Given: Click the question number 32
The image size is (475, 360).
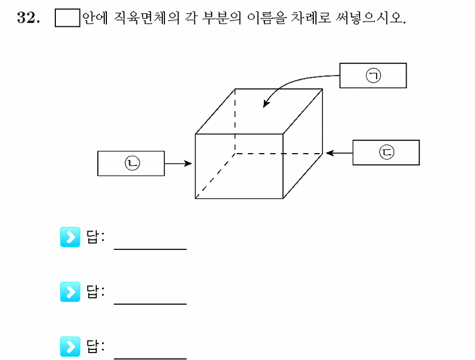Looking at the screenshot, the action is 28,18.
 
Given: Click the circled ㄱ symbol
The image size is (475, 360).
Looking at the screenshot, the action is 373,76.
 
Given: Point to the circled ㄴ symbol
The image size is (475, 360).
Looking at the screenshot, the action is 132,163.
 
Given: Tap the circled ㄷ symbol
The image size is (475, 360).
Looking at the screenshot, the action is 387,152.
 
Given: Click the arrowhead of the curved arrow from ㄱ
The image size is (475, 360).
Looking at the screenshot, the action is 265,104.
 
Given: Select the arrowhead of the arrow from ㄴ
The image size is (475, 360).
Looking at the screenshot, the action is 188,164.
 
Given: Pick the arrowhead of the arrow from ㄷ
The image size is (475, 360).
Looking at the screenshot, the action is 329,153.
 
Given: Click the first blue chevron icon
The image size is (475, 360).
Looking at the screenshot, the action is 70,237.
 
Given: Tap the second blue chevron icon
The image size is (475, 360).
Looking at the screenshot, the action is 70,292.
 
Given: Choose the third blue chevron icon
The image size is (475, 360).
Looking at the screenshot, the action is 70,347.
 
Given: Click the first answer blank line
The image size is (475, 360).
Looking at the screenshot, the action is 150,249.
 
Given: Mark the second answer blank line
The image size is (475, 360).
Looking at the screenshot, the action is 150,304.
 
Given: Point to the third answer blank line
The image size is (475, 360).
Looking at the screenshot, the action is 150,359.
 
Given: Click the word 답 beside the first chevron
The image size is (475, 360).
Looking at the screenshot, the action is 92,237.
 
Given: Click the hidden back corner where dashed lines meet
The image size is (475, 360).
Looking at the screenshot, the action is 235,154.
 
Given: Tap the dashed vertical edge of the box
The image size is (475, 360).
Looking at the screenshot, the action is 235,121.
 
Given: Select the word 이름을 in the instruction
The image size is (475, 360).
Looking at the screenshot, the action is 267,18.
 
